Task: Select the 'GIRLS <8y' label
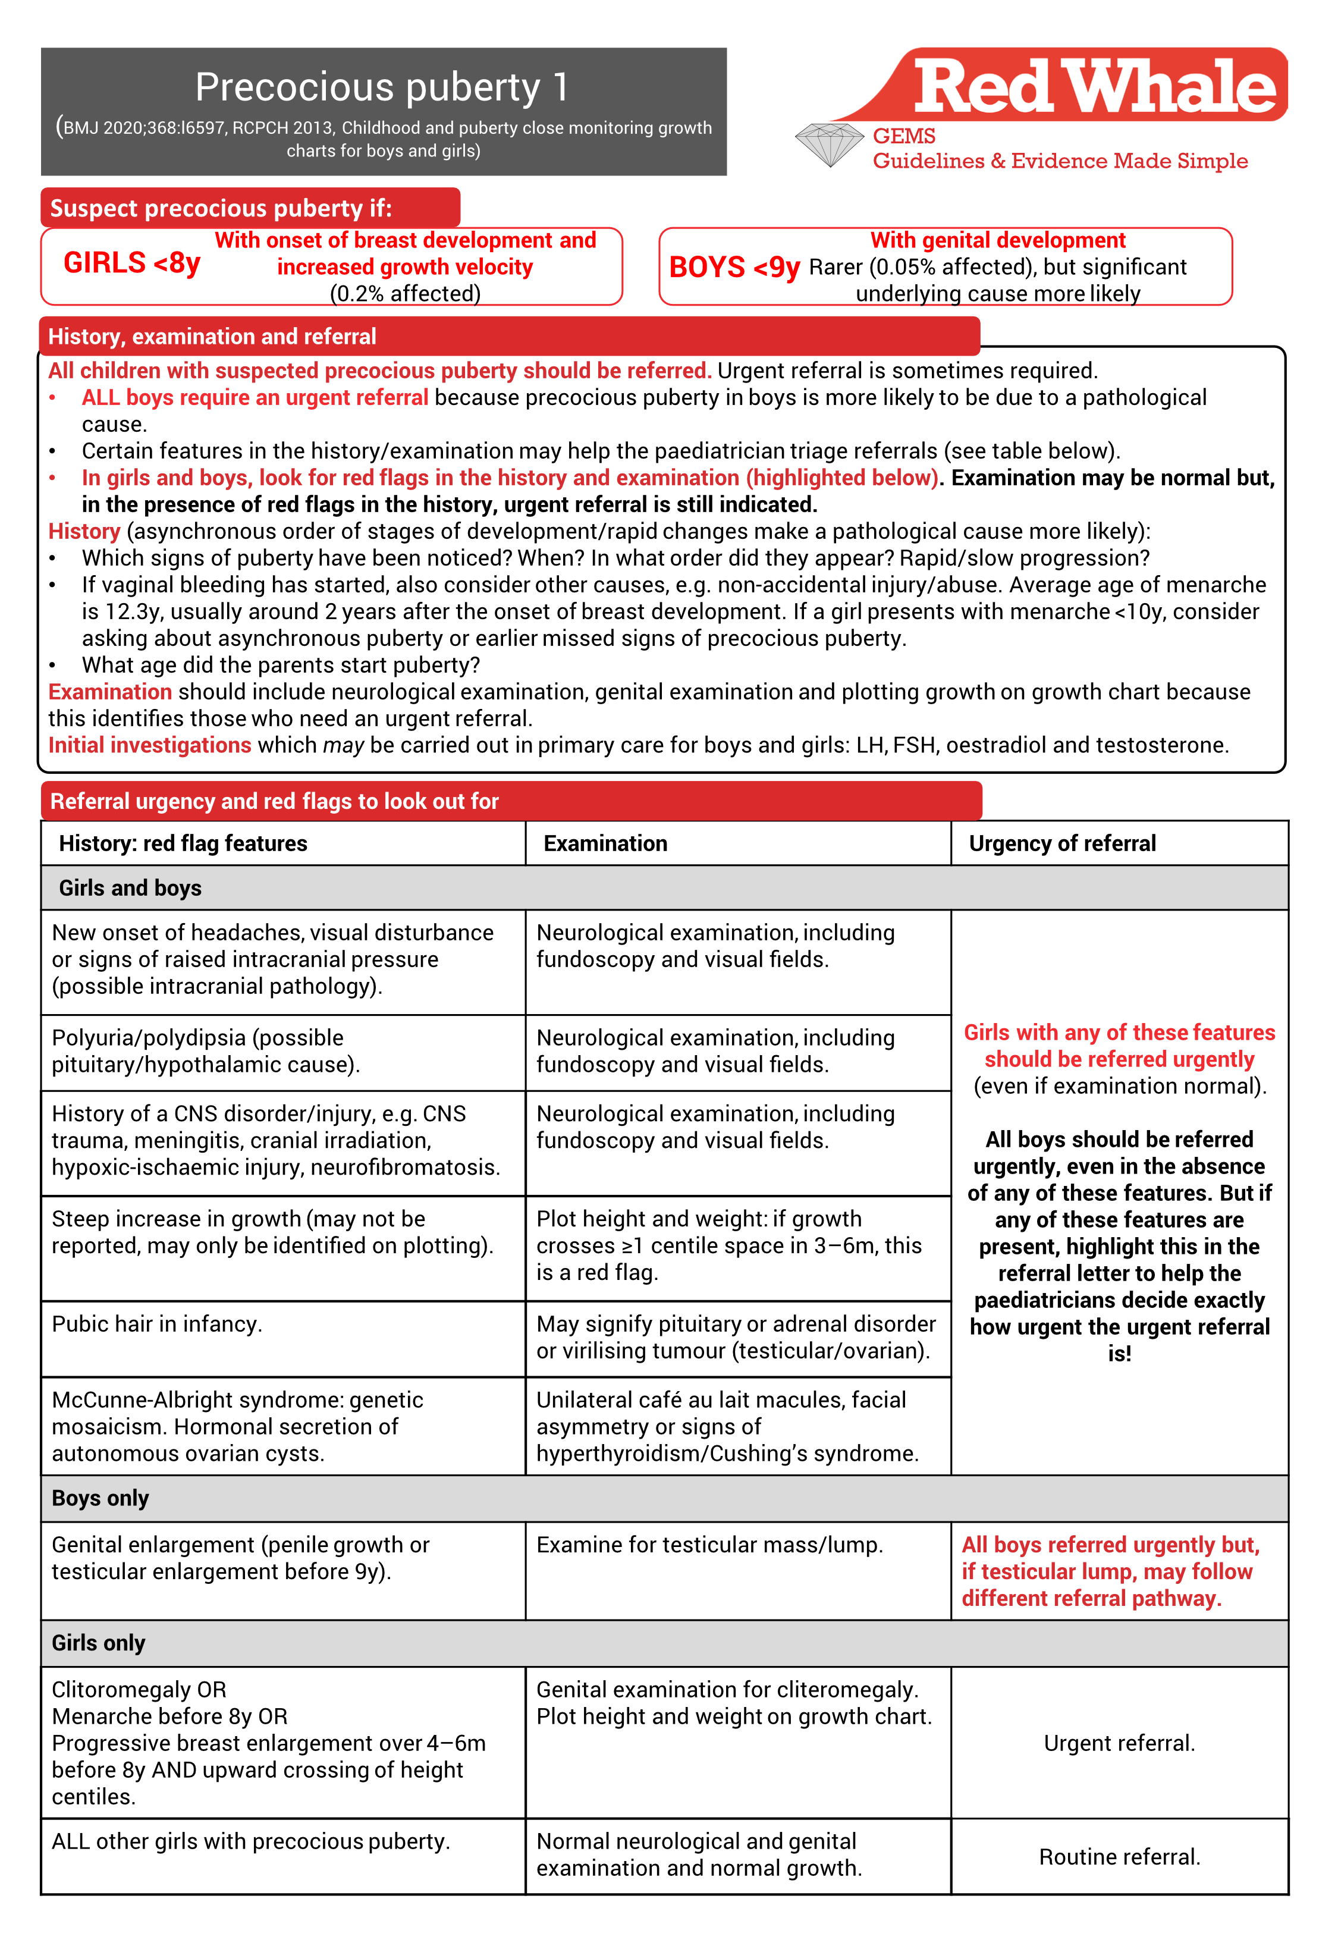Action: [x=131, y=263]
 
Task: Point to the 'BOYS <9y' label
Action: [x=734, y=268]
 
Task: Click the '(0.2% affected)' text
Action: [x=405, y=293]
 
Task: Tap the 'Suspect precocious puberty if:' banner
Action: [x=221, y=208]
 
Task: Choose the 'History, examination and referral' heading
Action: [x=212, y=336]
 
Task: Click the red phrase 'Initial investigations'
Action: [x=149, y=745]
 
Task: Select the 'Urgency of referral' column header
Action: [x=1062, y=843]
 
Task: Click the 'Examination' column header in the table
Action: [x=605, y=843]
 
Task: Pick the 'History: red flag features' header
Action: [x=183, y=843]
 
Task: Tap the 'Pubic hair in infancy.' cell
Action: [x=157, y=1323]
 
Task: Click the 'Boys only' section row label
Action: [x=100, y=1498]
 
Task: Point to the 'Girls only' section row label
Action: [x=99, y=1643]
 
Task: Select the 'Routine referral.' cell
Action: [x=1119, y=1857]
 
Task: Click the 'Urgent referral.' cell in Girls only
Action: [x=1119, y=1743]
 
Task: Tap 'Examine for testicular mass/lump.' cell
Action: [x=709, y=1545]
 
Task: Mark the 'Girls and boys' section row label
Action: [x=130, y=888]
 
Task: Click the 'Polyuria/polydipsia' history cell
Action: [x=205, y=1051]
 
